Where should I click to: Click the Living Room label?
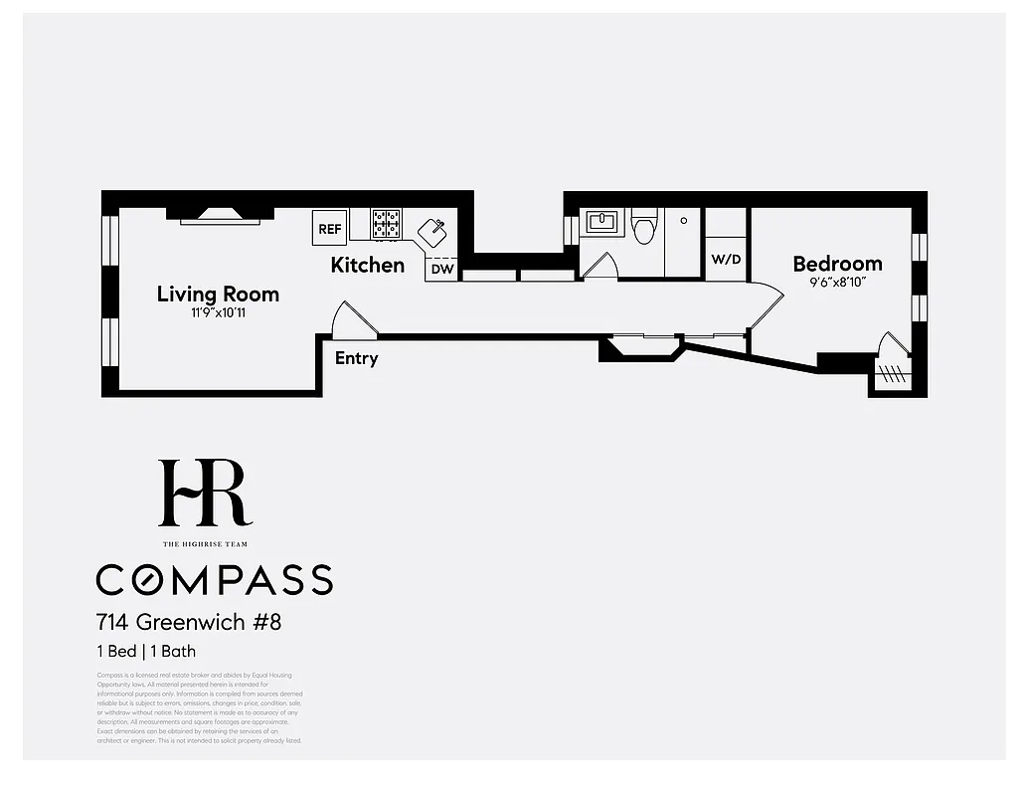(x=218, y=294)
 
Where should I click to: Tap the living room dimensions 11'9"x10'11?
(x=218, y=313)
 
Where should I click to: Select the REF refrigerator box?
(x=329, y=228)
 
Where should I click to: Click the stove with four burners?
(x=386, y=224)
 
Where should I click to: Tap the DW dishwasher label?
(x=441, y=269)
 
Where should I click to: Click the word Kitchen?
(x=367, y=265)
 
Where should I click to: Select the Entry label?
(x=356, y=358)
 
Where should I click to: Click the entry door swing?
(x=351, y=320)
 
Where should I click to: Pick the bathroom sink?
(x=602, y=222)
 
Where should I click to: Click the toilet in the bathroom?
(x=644, y=227)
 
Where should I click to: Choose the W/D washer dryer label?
(x=725, y=260)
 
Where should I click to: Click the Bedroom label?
(x=837, y=264)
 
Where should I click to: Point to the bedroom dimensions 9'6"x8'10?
(x=837, y=283)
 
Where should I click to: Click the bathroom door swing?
(x=600, y=266)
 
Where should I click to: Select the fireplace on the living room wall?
(x=220, y=213)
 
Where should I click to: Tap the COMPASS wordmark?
(x=214, y=579)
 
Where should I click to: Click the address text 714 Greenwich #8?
(x=189, y=623)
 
